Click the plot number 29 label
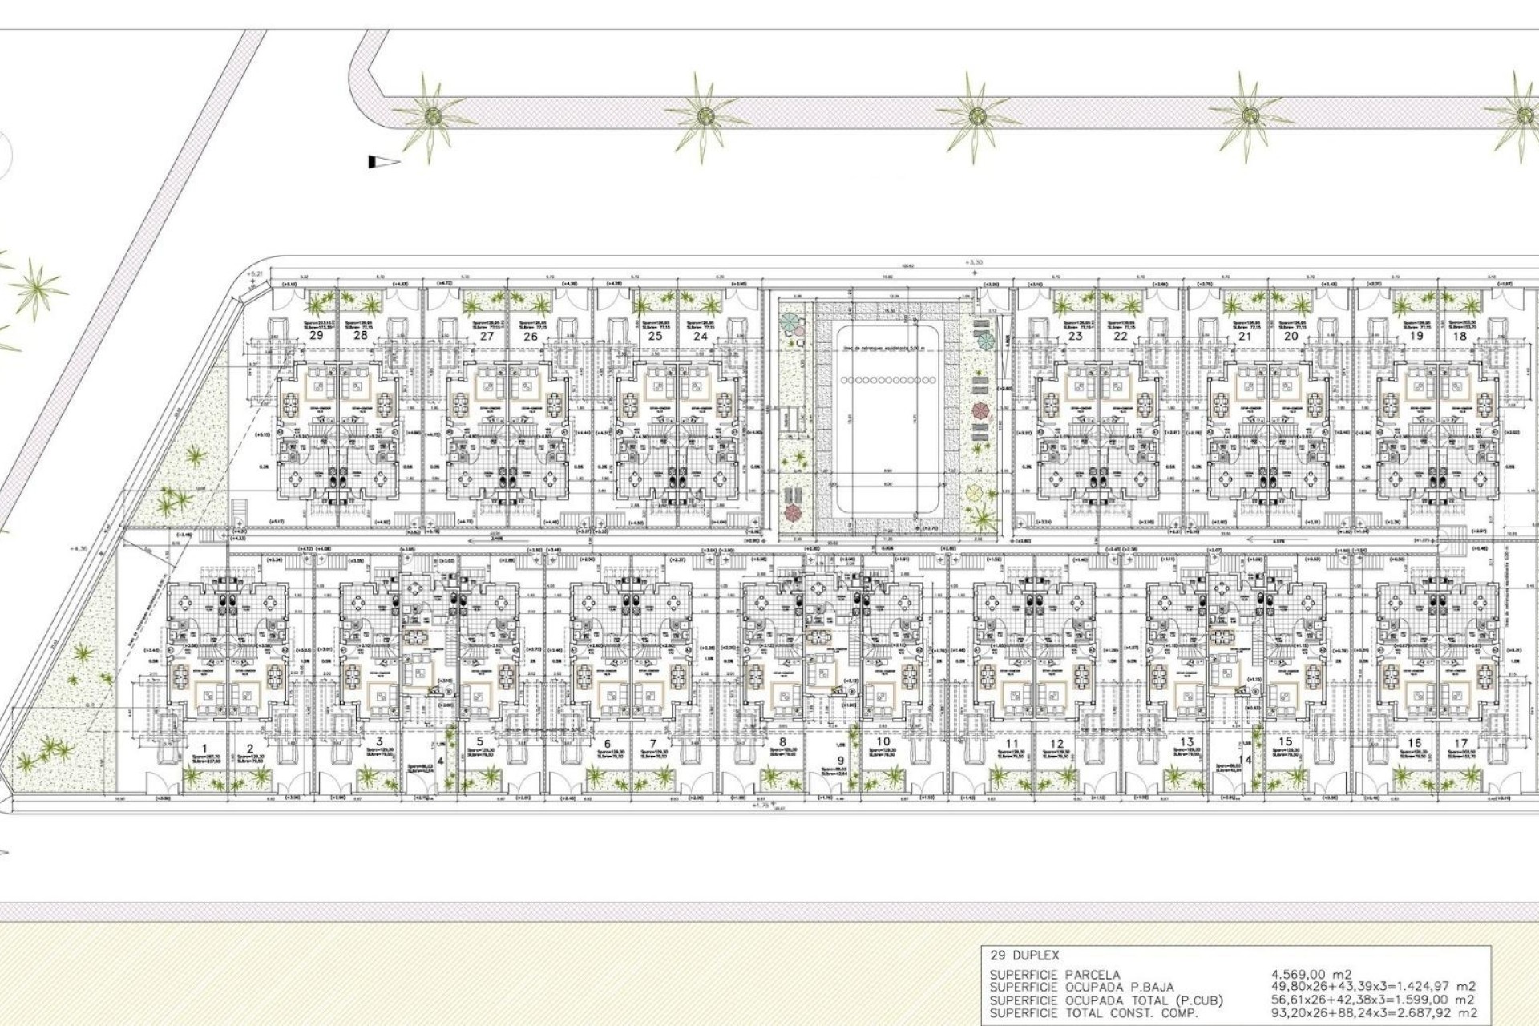pos(317,335)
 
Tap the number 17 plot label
pos(1460,743)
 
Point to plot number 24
pos(701,336)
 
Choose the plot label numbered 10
pos(883,741)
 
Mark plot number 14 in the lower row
pos(1245,760)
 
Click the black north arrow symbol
pos(383,162)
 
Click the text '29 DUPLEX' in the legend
pos(1024,955)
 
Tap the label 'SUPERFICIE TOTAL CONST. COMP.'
pos(1094,1013)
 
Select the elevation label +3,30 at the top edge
pos(974,262)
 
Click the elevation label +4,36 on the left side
pos(79,549)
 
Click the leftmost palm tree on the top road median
pos(434,117)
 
